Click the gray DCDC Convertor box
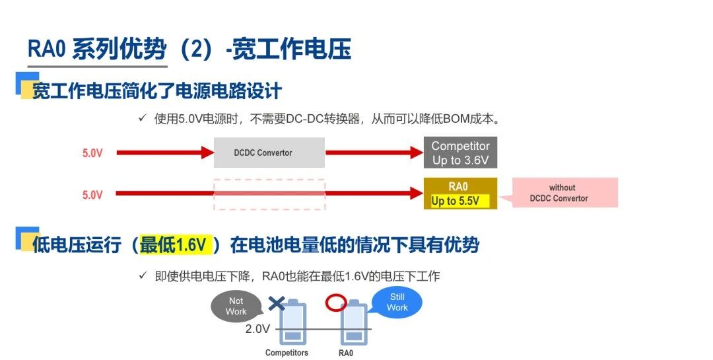269,153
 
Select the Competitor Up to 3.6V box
460,153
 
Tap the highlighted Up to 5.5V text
455,201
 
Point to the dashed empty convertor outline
269,194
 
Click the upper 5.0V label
92,153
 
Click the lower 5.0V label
92,195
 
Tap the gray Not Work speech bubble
236,306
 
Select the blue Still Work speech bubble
397,303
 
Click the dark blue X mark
277,304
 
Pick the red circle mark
336,303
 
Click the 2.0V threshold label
257,329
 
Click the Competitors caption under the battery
287,353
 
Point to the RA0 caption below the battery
346,353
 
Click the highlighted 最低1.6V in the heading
174,245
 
